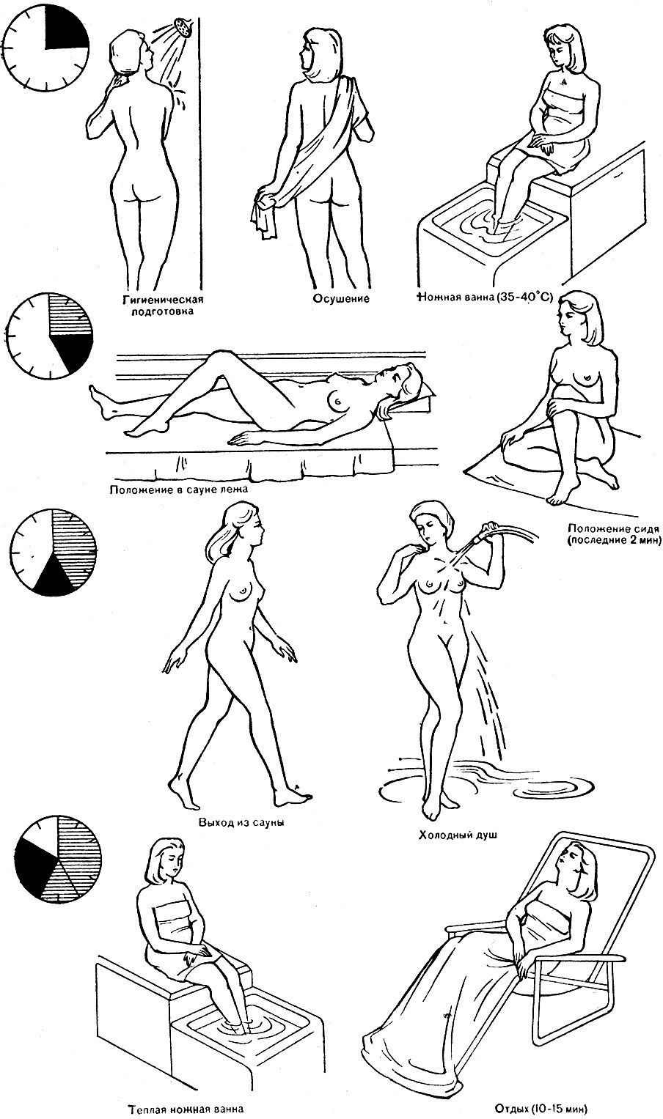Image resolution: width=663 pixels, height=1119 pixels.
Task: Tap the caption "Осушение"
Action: [x=341, y=299]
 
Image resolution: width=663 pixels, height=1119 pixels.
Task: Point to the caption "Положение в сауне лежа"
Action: [x=178, y=489]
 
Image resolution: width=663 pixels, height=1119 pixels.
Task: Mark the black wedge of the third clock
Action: [x=54, y=577]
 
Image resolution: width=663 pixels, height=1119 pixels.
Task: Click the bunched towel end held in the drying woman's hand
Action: [x=264, y=215]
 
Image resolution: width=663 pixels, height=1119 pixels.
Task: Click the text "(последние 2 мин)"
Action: [x=613, y=539]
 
